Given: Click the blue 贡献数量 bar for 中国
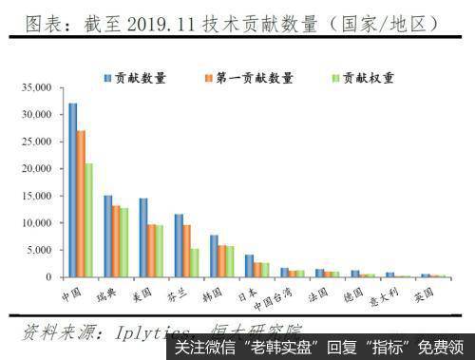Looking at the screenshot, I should tap(72, 190).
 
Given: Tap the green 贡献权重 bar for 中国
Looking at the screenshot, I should tap(89, 219).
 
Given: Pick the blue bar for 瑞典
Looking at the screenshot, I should tap(107, 237).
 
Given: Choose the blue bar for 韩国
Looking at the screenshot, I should tap(214, 256).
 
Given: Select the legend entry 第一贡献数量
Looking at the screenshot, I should tap(251, 77).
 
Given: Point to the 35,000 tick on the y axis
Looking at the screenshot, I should tap(33, 87).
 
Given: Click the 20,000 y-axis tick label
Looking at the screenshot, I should tap(33, 169).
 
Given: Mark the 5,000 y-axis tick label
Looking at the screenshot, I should tap(36, 251).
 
